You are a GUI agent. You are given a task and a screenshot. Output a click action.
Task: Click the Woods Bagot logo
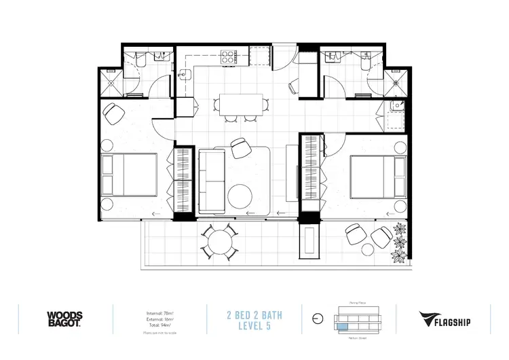64,319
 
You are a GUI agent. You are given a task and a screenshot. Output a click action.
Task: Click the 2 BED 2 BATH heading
254,314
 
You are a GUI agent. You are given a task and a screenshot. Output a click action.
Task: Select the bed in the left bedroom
129,173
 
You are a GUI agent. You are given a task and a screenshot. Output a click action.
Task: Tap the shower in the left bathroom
111,84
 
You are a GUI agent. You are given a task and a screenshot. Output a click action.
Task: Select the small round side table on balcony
381,237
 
